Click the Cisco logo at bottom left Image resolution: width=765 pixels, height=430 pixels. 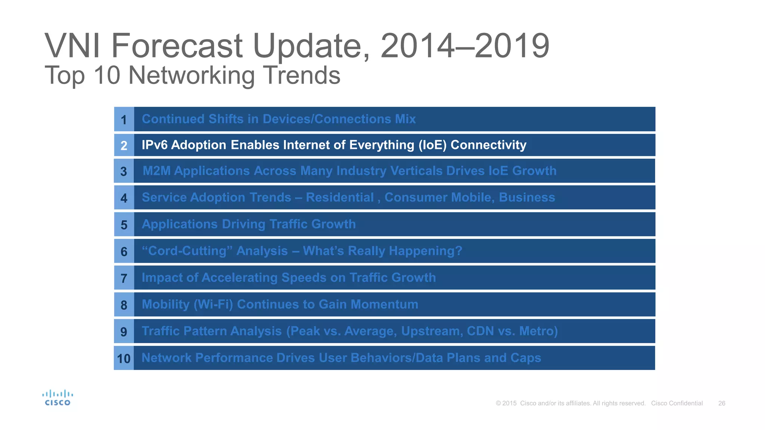(x=58, y=398)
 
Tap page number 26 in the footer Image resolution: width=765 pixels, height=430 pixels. (x=722, y=403)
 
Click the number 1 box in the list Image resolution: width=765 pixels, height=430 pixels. (x=124, y=119)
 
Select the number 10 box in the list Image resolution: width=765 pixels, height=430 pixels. (x=124, y=358)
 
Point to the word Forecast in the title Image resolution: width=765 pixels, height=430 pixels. (x=177, y=46)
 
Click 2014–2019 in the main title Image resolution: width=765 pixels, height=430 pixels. (x=465, y=46)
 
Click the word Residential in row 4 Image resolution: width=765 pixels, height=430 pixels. (x=340, y=197)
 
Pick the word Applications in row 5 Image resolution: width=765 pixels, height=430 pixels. (x=179, y=224)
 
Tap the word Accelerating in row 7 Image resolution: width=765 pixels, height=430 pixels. (x=239, y=278)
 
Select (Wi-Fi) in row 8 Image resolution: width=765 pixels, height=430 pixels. (x=213, y=305)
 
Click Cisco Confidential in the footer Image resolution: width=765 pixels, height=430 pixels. (x=677, y=403)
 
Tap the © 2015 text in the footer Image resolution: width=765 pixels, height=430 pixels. (x=506, y=403)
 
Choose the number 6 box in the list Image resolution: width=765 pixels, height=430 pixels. (x=124, y=252)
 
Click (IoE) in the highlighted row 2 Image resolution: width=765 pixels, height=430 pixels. (x=432, y=145)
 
